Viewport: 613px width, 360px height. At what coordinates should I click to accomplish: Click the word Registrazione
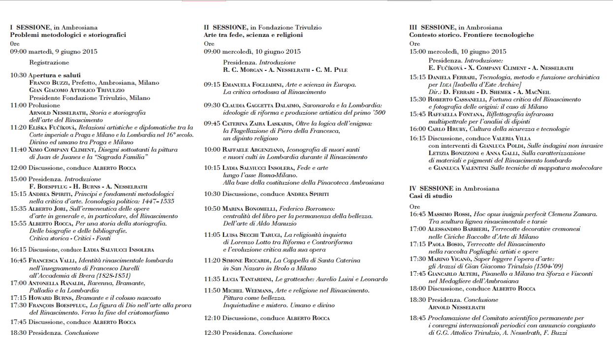point(49,63)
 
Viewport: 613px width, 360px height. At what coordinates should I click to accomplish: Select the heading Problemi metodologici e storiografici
point(68,35)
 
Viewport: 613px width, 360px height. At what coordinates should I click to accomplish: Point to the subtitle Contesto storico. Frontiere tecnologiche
point(471,35)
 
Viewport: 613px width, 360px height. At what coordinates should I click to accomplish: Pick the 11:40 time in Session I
point(18,150)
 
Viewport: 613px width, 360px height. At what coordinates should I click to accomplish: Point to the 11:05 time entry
point(212,235)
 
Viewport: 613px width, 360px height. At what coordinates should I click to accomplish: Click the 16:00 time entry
point(418,129)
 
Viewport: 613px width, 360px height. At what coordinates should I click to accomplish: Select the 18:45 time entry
point(418,318)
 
